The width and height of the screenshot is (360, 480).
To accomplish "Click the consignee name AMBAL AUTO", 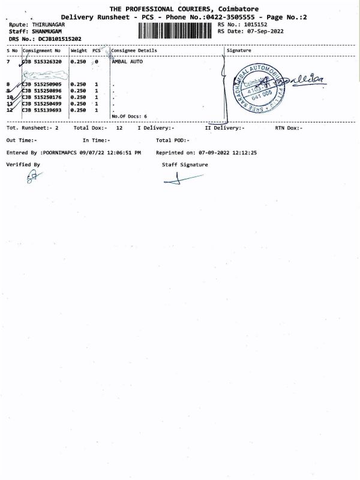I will point(127,62).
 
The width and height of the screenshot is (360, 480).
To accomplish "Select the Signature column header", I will point(239,50).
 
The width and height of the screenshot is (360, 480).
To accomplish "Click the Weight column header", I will point(79,50).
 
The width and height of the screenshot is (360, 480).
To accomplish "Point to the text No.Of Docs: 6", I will point(129,116).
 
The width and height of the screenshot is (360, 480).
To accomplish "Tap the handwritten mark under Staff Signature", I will point(181,179).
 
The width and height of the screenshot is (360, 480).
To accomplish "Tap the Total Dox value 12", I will point(119,128).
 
